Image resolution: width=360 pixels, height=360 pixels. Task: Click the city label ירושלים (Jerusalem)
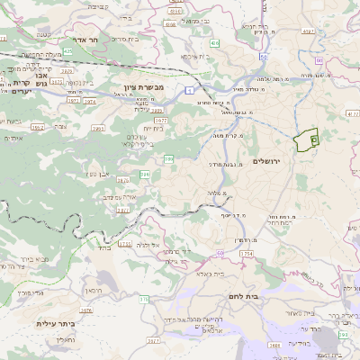tap(267, 160)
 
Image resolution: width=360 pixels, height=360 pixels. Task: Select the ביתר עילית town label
tap(55, 323)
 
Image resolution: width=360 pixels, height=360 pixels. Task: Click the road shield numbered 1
tap(190, 90)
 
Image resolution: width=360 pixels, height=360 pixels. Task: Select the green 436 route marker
tap(214, 42)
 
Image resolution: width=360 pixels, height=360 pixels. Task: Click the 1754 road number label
tap(245, 254)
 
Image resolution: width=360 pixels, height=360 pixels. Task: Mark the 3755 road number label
tap(124, 244)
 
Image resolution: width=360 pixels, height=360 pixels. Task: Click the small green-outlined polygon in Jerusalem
tap(307, 140)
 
